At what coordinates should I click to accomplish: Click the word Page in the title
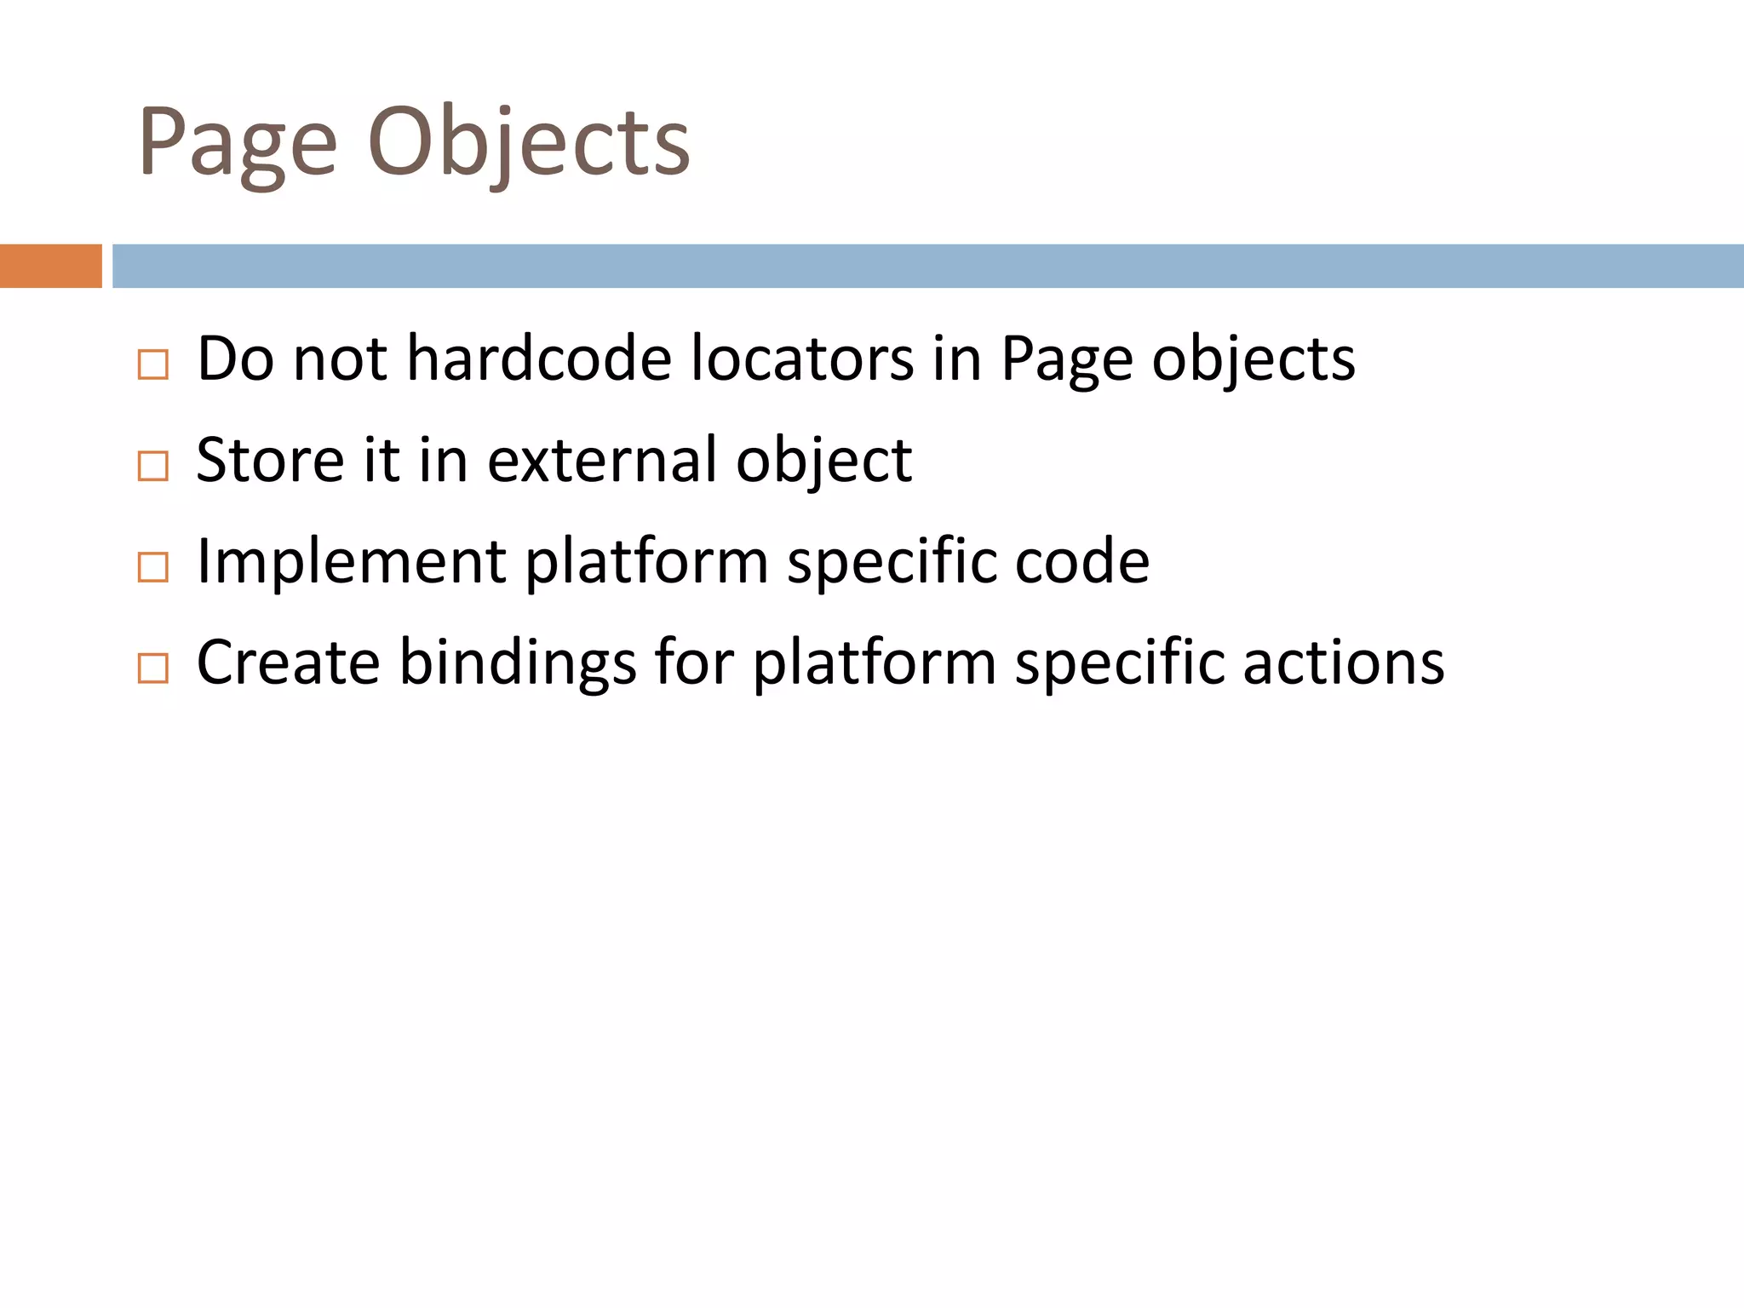(238, 143)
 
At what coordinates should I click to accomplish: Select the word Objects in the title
(528, 143)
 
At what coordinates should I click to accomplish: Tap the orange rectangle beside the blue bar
(50, 266)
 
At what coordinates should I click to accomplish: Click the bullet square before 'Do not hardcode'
(153, 364)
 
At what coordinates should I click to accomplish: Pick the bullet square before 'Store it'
(153, 466)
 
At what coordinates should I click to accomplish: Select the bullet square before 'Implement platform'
(153, 567)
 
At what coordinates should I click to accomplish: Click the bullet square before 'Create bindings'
(153, 668)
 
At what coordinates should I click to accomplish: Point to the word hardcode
(539, 359)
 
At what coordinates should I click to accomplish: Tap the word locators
(802, 359)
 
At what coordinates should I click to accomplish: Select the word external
(602, 460)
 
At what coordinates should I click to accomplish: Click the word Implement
(352, 561)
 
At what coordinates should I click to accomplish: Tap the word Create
(288, 663)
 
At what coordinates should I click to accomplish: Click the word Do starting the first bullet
(235, 359)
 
